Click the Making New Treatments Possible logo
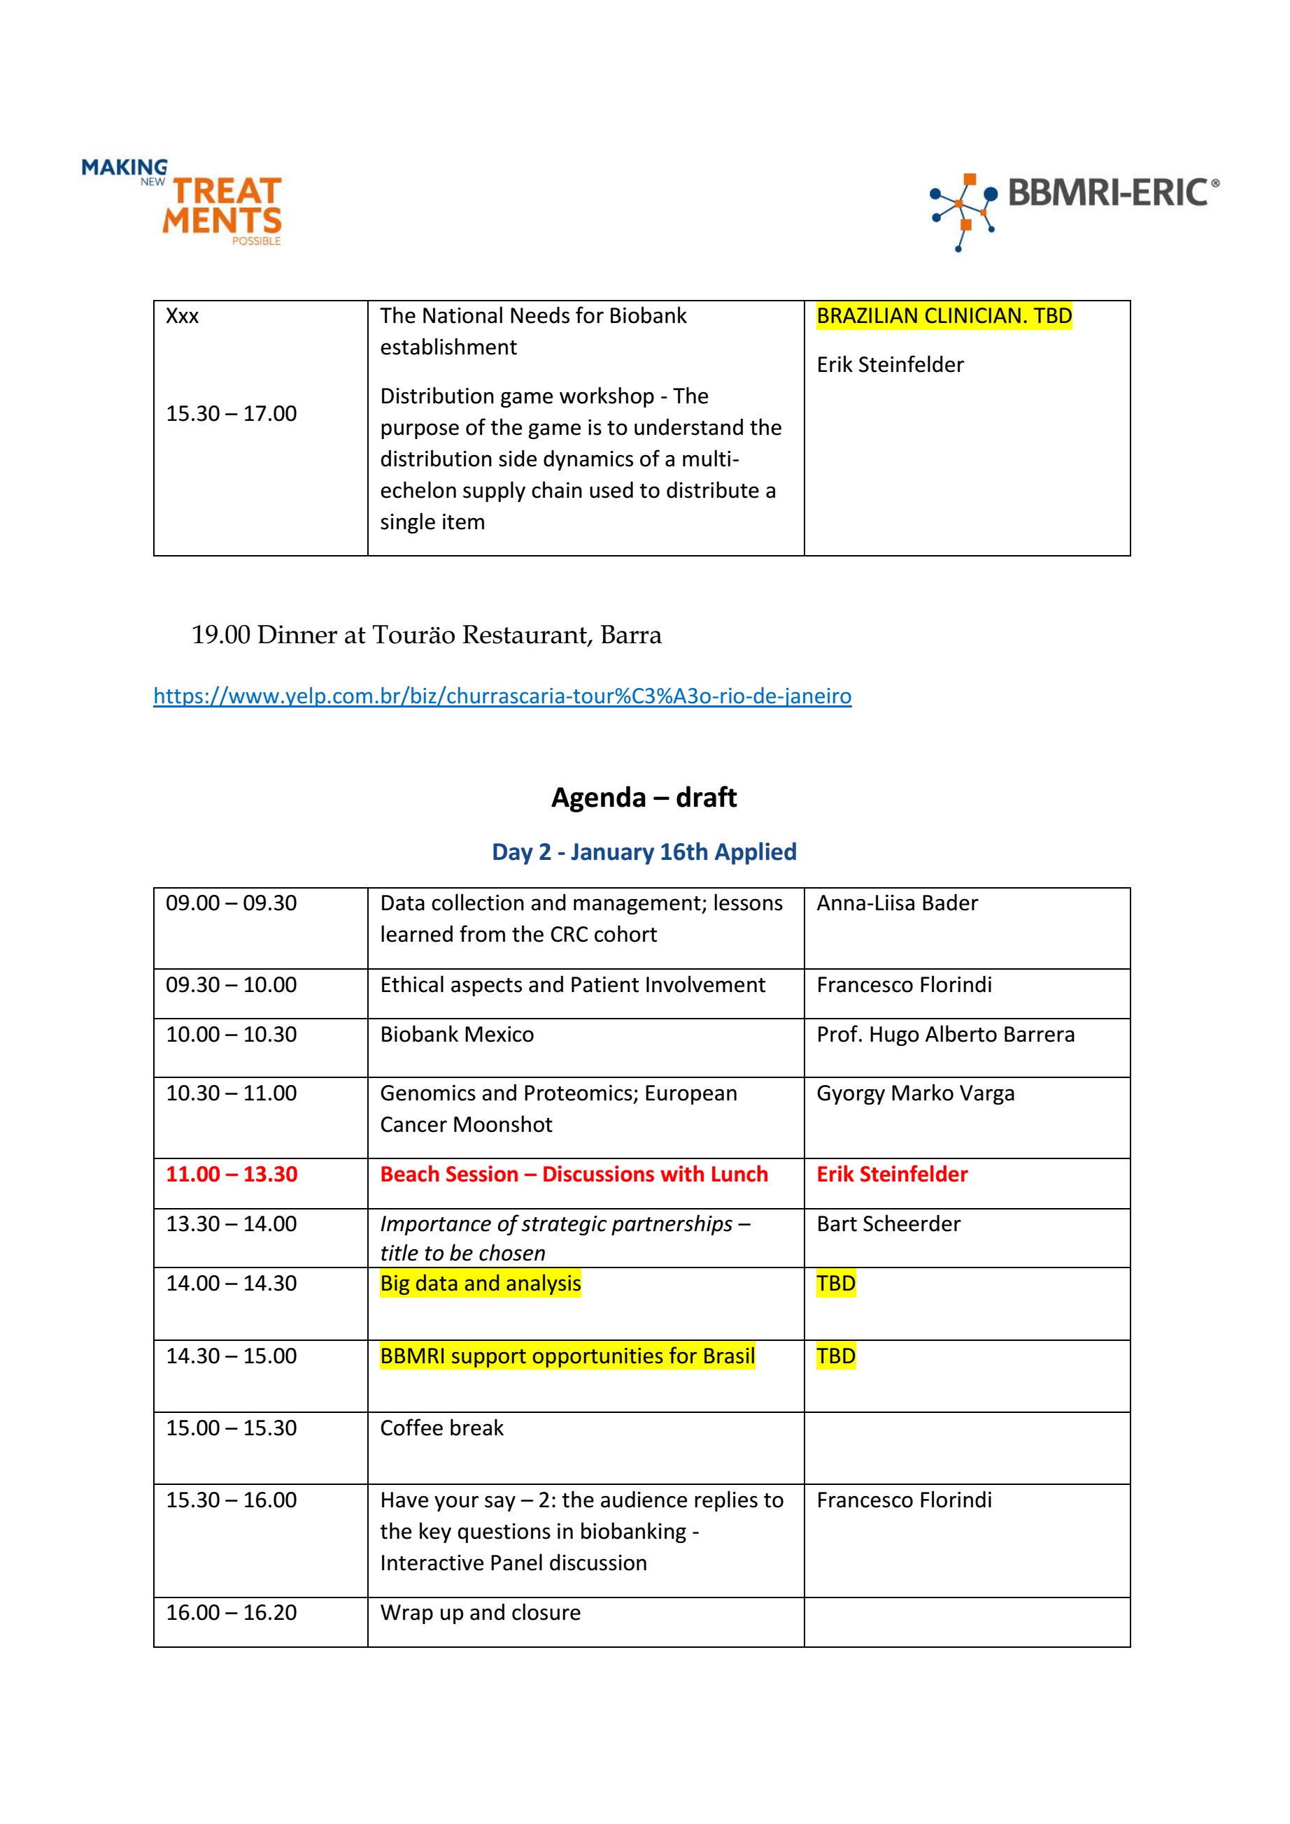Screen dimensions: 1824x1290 click(183, 203)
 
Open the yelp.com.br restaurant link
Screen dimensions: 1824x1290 click(502, 696)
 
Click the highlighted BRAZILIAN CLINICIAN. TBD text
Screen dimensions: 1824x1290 click(944, 316)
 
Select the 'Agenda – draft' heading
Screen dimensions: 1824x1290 click(644, 797)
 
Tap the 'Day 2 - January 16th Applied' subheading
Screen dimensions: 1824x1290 click(644, 852)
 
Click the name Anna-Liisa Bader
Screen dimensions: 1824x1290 click(897, 903)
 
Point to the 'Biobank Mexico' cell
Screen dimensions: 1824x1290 click(456, 1034)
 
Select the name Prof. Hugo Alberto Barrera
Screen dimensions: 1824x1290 click(945, 1034)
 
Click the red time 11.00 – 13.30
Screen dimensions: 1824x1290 click(232, 1174)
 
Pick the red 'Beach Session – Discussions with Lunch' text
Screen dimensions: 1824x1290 click(573, 1174)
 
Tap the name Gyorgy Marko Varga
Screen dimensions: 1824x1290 click(915, 1093)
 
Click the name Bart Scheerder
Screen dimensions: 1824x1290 click(888, 1224)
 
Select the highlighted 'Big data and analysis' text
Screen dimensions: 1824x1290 click(480, 1284)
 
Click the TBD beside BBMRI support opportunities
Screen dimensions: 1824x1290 click(835, 1356)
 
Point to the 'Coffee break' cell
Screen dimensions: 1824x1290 click(441, 1428)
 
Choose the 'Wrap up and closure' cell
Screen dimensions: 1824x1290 click(480, 1613)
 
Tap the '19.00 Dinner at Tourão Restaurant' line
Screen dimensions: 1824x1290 click(426, 635)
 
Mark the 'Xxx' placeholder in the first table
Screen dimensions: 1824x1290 click(182, 316)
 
